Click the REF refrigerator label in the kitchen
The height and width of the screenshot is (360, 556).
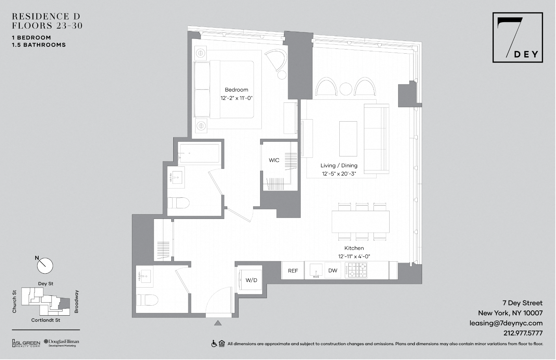[293, 271]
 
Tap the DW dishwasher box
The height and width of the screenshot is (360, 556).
[333, 270]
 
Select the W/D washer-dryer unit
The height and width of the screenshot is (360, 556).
[250, 280]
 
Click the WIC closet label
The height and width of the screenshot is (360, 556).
[274, 160]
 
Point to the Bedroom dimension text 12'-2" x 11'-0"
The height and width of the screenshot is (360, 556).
[236, 98]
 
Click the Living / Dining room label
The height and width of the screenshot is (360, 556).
[339, 166]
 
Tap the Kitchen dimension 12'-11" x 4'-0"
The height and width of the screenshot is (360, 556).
[354, 256]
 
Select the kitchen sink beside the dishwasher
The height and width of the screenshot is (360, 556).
[316, 270]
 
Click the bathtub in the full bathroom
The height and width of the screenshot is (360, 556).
[199, 153]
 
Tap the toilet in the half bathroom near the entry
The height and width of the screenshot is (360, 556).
[147, 300]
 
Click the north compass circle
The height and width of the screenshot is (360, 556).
[45, 266]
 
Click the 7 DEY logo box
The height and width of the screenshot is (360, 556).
[517, 38]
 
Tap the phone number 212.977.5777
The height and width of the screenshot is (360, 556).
[523, 333]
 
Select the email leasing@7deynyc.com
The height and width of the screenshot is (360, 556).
[506, 323]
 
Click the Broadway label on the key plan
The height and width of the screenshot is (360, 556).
[77, 302]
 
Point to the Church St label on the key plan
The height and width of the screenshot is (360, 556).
[14, 302]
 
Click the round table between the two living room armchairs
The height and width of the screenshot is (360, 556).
[345, 89]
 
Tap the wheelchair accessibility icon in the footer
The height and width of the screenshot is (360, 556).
[214, 344]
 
